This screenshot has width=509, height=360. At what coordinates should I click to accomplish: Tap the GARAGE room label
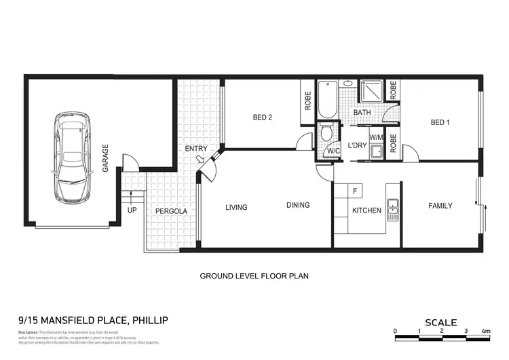pyautogui.click(x=106, y=158)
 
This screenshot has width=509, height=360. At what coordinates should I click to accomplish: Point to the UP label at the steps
pyautogui.click(x=132, y=211)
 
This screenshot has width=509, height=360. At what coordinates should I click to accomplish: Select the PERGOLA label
pyautogui.click(x=171, y=211)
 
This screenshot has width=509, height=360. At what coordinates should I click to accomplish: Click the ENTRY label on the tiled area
pyautogui.click(x=197, y=149)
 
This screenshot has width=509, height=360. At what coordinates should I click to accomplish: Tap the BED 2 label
pyautogui.click(x=263, y=118)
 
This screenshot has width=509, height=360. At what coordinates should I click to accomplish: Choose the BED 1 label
pyautogui.click(x=440, y=123)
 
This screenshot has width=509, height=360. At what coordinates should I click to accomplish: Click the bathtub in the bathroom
pyautogui.click(x=328, y=102)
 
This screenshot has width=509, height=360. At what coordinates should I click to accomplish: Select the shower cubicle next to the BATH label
pyautogui.click(x=371, y=92)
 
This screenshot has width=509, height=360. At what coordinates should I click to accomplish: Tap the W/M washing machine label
pyautogui.click(x=376, y=137)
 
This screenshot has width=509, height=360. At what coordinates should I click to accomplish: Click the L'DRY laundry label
pyautogui.click(x=357, y=146)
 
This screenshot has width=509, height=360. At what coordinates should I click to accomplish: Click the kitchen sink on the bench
pyautogui.click(x=392, y=210)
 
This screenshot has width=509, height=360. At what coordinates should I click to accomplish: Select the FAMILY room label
pyautogui.click(x=440, y=206)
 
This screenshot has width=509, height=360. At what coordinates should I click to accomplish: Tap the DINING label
pyautogui.click(x=298, y=205)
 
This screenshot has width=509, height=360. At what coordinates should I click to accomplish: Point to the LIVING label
pyautogui.click(x=237, y=207)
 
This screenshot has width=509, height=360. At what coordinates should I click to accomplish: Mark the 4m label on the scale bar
pyautogui.click(x=486, y=331)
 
